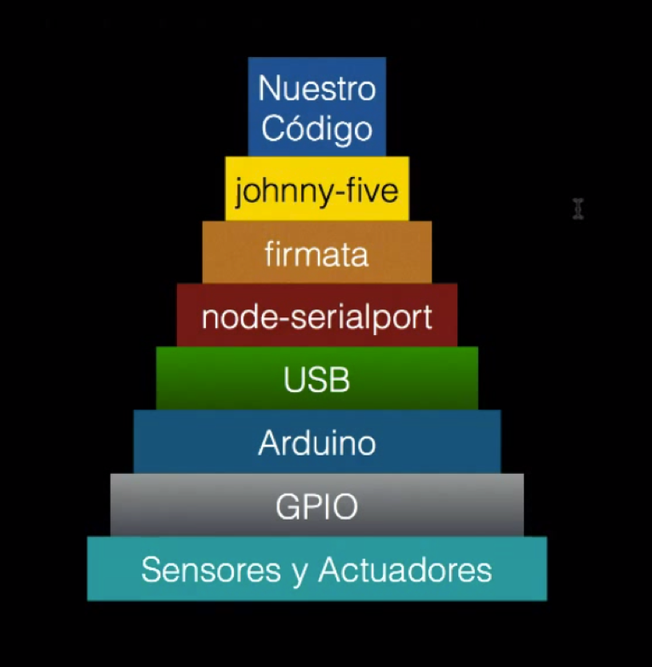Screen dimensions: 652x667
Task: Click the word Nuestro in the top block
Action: point(316,88)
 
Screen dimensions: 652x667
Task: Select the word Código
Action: point(317,128)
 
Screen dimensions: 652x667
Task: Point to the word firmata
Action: point(316,254)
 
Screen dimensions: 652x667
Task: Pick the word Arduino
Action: point(316,443)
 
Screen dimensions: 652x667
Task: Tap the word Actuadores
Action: point(404,570)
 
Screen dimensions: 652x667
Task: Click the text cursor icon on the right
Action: point(578,208)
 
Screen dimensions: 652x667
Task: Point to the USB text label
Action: point(316,379)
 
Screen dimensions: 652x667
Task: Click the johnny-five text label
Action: point(316,191)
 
